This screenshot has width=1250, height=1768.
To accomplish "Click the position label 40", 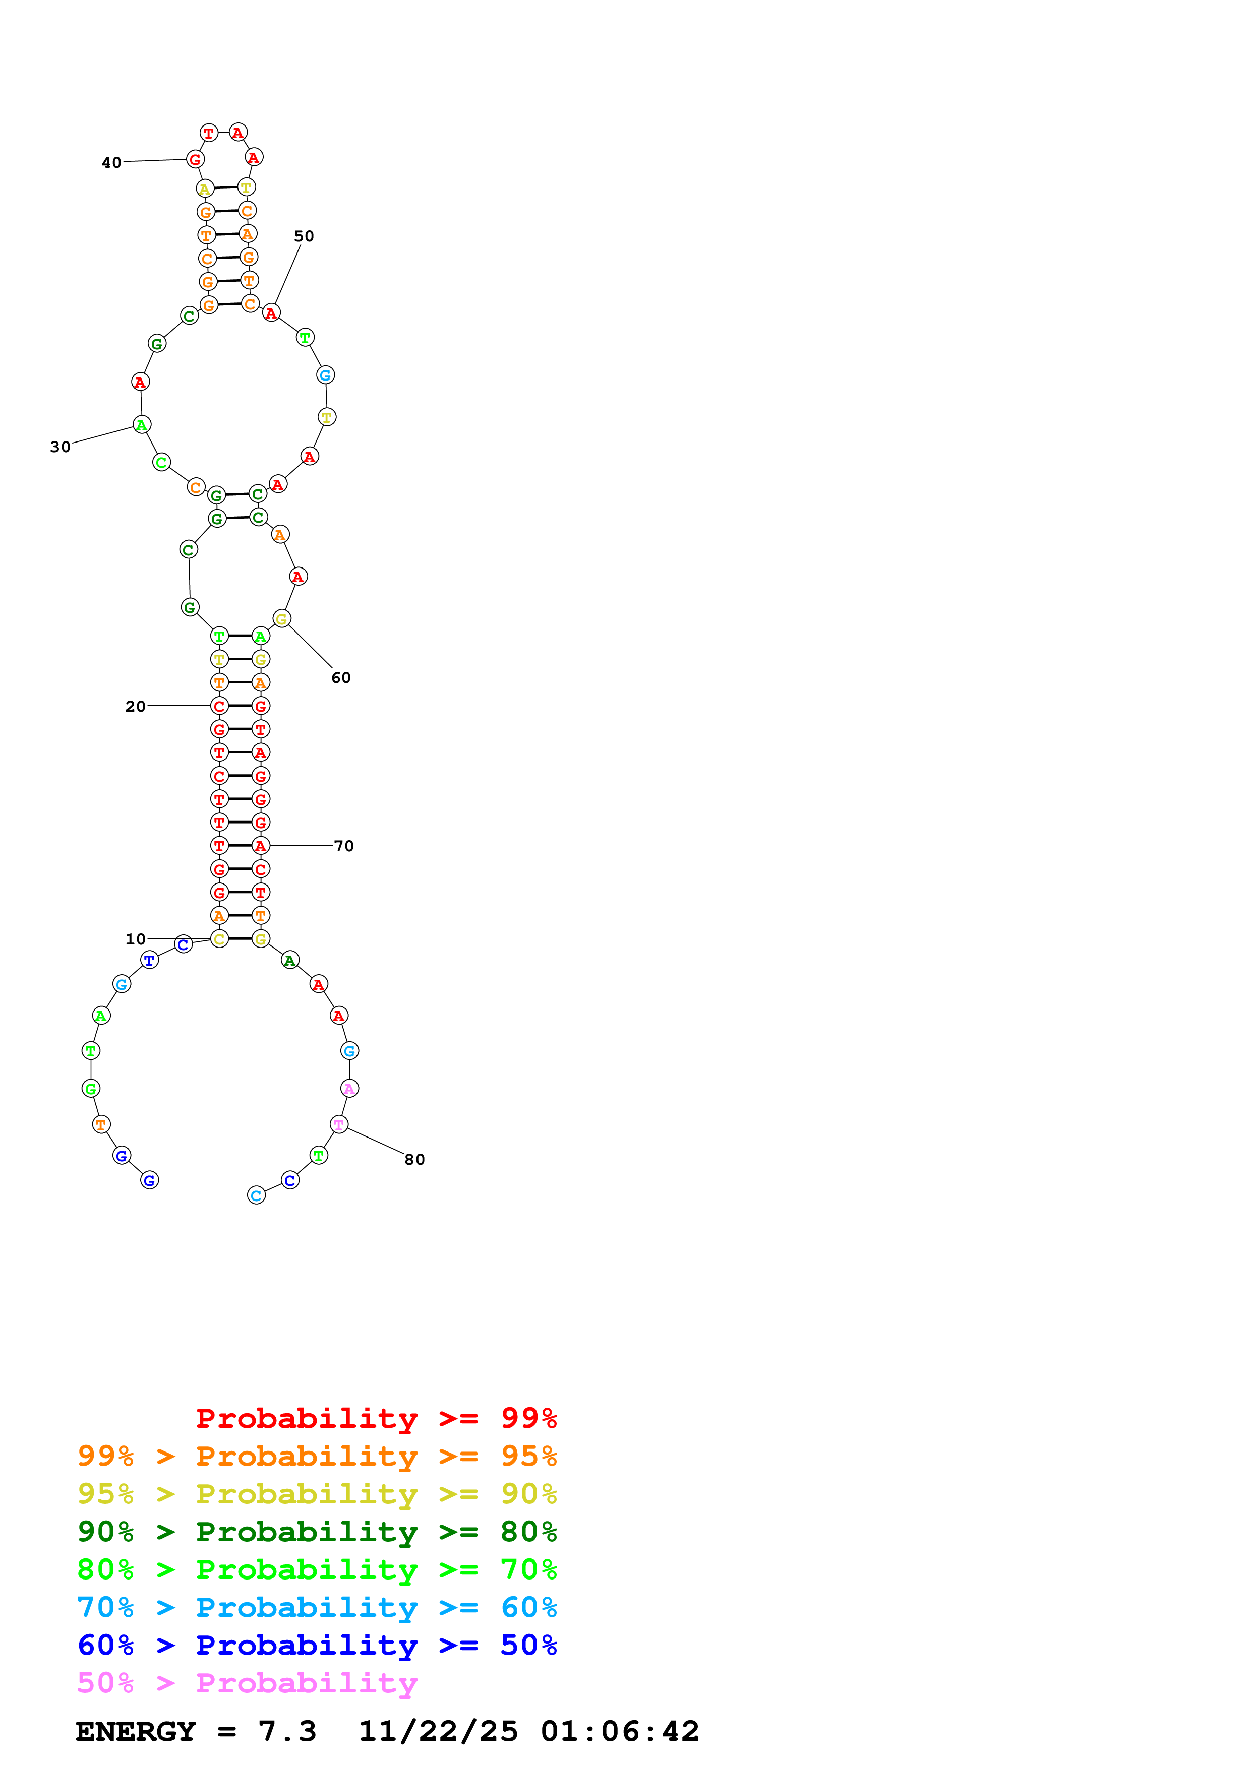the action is pos(111,162).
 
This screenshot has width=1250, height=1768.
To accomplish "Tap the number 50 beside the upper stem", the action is pos(304,236).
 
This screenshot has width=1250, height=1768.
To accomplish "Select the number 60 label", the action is pos(341,678).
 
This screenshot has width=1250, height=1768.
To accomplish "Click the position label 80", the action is pos(414,1160).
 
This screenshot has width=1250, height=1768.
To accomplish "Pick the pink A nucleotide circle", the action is pos(349,1088).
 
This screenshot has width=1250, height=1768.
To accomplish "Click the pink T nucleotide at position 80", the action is pos(339,1124).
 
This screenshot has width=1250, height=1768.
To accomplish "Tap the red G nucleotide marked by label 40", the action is pos(196,159).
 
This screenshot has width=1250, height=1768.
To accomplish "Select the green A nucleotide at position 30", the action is pos(142,424).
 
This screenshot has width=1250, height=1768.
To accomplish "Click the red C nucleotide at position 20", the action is pos(219,706).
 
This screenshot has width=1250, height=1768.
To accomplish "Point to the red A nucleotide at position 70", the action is pos(261,846).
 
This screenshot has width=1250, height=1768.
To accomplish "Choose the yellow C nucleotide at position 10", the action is pos(219,938).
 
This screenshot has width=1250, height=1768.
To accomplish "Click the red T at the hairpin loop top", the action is pos(209,133).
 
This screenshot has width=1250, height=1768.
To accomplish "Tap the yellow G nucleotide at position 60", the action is pos(282,618).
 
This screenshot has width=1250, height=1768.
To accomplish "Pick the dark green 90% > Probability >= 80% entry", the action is pos(317,1532).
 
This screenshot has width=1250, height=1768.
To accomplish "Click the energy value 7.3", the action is pos(287,1731).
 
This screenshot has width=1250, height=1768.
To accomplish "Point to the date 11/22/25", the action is pos(438,1731).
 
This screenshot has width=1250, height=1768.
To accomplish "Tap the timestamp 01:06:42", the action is pos(620,1731).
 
